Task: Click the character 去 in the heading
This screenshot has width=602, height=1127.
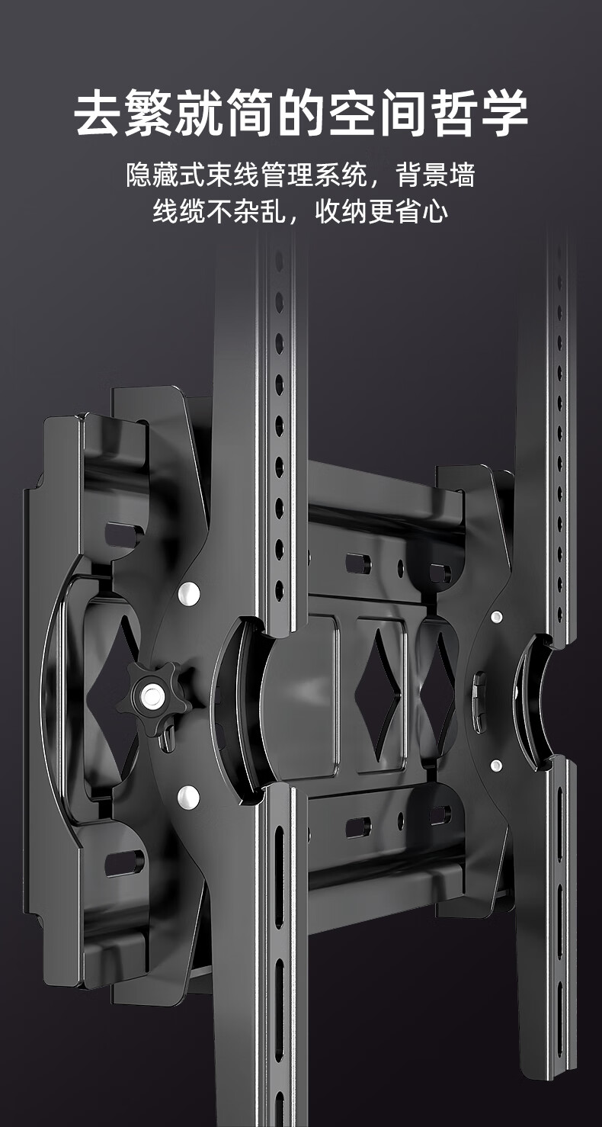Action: coord(98,112)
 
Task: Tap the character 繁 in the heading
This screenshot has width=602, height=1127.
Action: coord(149,112)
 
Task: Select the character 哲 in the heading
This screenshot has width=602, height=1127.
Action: coord(453,112)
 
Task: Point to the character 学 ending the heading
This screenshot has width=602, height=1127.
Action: coord(504,112)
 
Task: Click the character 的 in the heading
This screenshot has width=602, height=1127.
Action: coord(301,112)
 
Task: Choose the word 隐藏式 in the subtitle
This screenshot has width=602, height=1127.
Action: coord(166,175)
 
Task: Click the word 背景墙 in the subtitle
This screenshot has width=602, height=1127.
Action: coord(436,175)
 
